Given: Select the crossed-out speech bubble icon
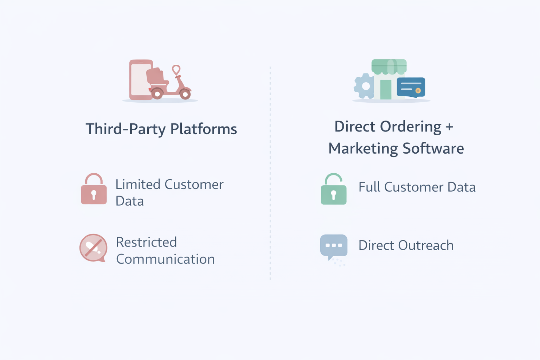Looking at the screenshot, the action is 93,248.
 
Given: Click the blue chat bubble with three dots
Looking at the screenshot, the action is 334,245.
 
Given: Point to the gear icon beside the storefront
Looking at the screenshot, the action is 365,86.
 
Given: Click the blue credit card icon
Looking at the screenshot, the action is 411,87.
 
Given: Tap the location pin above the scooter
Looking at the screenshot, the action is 176,69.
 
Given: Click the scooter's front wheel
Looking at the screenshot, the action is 185,94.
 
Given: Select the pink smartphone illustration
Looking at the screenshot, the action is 141,80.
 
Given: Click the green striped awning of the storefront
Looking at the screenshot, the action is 389,66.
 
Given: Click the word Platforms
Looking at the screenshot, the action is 204,129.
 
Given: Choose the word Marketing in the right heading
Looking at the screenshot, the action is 363,148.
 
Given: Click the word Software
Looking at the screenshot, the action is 433,148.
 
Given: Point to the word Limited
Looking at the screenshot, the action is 138,185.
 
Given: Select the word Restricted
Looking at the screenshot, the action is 146,242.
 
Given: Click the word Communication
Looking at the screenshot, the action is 165,259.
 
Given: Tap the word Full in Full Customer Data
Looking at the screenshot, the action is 369,187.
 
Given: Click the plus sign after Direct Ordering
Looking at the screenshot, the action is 449,127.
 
